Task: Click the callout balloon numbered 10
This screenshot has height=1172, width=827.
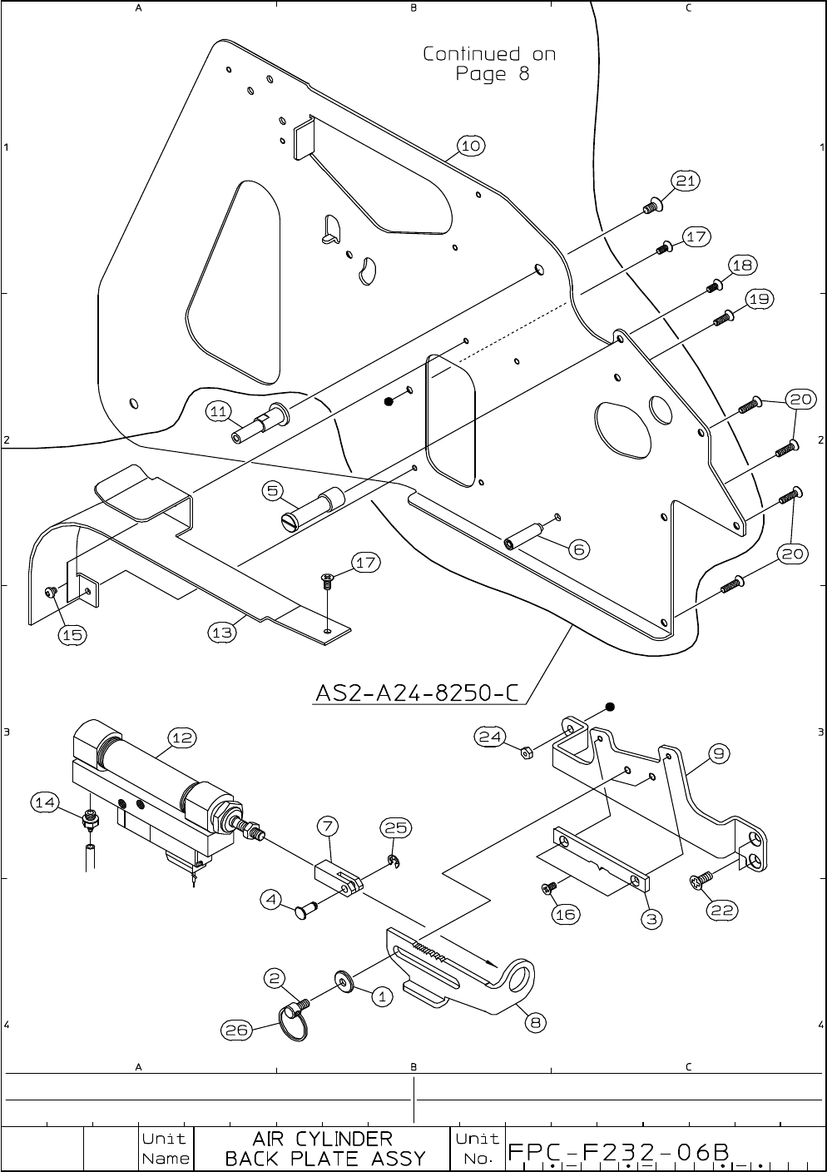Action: click(470, 146)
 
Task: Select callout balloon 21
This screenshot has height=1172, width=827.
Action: click(686, 181)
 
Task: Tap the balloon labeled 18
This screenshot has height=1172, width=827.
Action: click(742, 266)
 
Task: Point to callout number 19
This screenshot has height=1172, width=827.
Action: click(760, 299)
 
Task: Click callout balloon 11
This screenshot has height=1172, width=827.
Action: click(218, 411)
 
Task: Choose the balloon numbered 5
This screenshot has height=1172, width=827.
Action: click(274, 491)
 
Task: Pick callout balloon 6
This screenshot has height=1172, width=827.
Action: click(579, 549)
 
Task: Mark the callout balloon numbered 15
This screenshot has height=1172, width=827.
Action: click(72, 634)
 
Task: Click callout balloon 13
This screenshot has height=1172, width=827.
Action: click(222, 633)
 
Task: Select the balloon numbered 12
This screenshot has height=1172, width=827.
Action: click(182, 737)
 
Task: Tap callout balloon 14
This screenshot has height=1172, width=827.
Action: click(45, 802)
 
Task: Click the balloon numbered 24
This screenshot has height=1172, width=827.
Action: click(488, 736)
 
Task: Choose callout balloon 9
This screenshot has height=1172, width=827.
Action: click(721, 753)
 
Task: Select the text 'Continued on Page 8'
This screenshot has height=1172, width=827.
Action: click(489, 64)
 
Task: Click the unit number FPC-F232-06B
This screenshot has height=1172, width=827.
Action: click(619, 1153)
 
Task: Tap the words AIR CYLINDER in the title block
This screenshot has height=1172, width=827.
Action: click(322, 1138)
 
